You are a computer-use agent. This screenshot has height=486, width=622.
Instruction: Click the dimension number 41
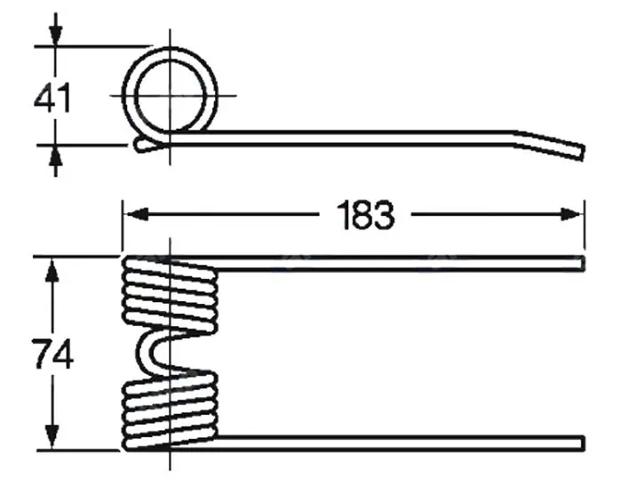click(52, 97)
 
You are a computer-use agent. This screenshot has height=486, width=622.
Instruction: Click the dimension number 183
click(365, 215)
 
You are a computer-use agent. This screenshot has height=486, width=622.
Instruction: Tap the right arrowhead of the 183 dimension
click(571, 215)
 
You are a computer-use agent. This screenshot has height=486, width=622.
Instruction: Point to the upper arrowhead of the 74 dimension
click(52, 270)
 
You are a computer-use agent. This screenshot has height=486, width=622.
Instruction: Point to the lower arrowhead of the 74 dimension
click(52, 437)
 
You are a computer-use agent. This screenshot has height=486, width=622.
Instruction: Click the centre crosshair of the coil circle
click(171, 96)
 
